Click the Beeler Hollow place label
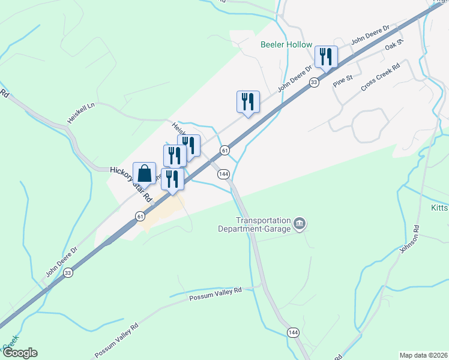(286, 45)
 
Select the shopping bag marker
(145, 174)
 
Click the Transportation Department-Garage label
(263, 224)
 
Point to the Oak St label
(394, 44)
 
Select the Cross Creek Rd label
(380, 78)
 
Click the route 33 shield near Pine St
(313, 82)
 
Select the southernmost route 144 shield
(293, 332)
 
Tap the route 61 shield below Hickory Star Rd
(139, 216)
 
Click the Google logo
(20, 353)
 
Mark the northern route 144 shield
(223, 174)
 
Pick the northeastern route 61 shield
(224, 149)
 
